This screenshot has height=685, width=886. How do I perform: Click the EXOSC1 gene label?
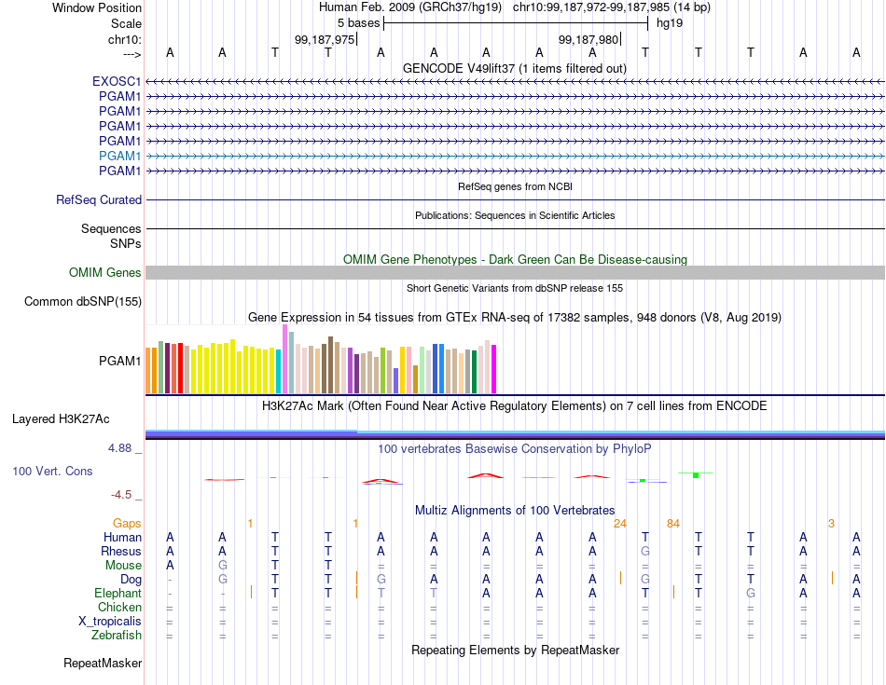pos(117,81)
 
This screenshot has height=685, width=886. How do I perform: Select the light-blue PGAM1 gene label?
pos(119,156)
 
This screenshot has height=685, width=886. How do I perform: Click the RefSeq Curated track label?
pos(99,200)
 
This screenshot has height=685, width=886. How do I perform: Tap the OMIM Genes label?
pos(105,273)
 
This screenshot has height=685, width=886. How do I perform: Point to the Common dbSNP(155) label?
pos(83,302)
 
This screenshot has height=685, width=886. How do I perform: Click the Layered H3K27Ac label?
pos(61,419)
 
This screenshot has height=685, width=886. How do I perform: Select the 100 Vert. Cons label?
pos(52,471)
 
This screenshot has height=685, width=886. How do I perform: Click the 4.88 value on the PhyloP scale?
pos(119,448)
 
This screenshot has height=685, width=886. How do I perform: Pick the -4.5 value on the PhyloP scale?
pos(121,495)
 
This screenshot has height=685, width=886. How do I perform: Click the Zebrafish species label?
pos(117,636)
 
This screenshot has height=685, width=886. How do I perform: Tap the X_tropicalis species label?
pos(110,622)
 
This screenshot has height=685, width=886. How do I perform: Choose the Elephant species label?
pos(118,593)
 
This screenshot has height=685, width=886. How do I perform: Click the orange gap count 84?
pos(673,524)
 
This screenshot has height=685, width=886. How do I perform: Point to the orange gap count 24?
pos(620,524)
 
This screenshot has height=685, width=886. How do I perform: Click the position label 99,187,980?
pos(588,39)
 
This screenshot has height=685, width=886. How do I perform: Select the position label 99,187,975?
pos(325,39)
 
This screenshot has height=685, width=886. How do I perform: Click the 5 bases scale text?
pos(359,23)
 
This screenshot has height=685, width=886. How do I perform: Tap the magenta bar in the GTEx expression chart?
pos(494,369)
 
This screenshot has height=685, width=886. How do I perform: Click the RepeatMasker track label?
pos(103,663)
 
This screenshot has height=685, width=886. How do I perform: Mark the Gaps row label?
pos(127,524)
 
